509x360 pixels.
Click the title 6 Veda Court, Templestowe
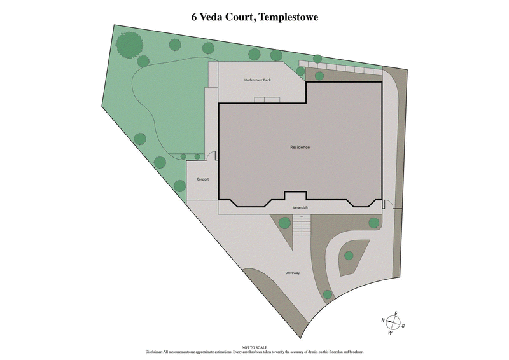(x=254, y=17)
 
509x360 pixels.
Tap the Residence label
(x=300, y=147)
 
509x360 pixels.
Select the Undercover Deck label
(x=258, y=80)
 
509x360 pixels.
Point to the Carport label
(x=203, y=179)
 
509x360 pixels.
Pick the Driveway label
(x=292, y=273)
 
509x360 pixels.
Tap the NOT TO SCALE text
(x=254, y=346)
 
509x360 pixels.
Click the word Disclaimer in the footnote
(x=155, y=351)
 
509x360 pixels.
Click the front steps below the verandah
(x=302, y=226)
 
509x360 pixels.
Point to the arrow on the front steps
(x=302, y=221)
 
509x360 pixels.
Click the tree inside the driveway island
(x=348, y=256)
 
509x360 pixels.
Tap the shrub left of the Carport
(x=180, y=185)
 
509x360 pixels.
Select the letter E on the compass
(x=396, y=313)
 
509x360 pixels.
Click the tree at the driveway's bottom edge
(x=327, y=294)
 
